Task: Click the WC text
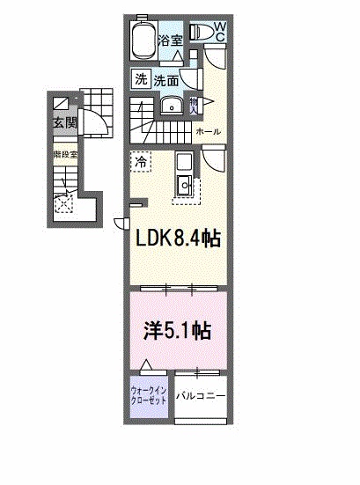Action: click(219, 33)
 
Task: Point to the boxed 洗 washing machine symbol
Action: click(141, 79)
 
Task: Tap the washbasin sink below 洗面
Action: click(173, 107)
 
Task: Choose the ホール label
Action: click(209, 132)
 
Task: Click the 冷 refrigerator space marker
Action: click(141, 161)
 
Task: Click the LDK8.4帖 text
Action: click(176, 238)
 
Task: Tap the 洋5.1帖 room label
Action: click(177, 332)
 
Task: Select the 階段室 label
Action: click(63, 153)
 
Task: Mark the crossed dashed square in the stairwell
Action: click(63, 203)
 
